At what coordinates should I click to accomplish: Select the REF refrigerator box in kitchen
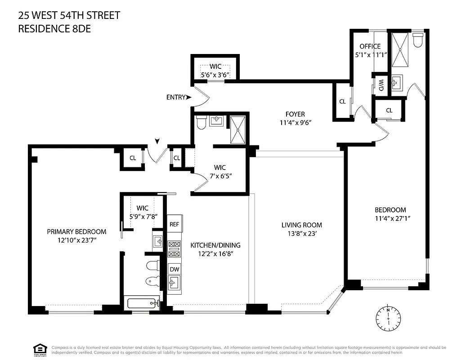(x=174, y=224)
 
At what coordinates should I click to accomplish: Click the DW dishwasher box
(x=174, y=269)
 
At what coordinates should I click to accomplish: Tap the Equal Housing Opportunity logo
(x=40, y=349)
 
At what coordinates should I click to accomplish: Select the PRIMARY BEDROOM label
(x=76, y=232)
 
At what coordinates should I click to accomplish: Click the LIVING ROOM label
(x=301, y=225)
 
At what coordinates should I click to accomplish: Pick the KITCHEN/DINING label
(x=215, y=245)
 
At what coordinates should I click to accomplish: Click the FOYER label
(x=295, y=114)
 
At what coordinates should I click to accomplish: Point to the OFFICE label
(x=370, y=46)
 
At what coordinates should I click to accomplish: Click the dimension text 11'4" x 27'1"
(x=390, y=218)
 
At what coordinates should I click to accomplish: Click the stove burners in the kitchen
(x=174, y=249)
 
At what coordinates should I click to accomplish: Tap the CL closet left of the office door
(x=342, y=102)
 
